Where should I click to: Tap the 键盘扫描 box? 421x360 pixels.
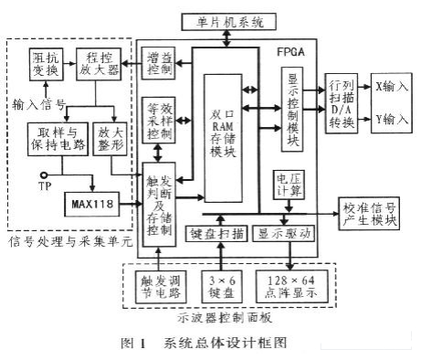[217, 233]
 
